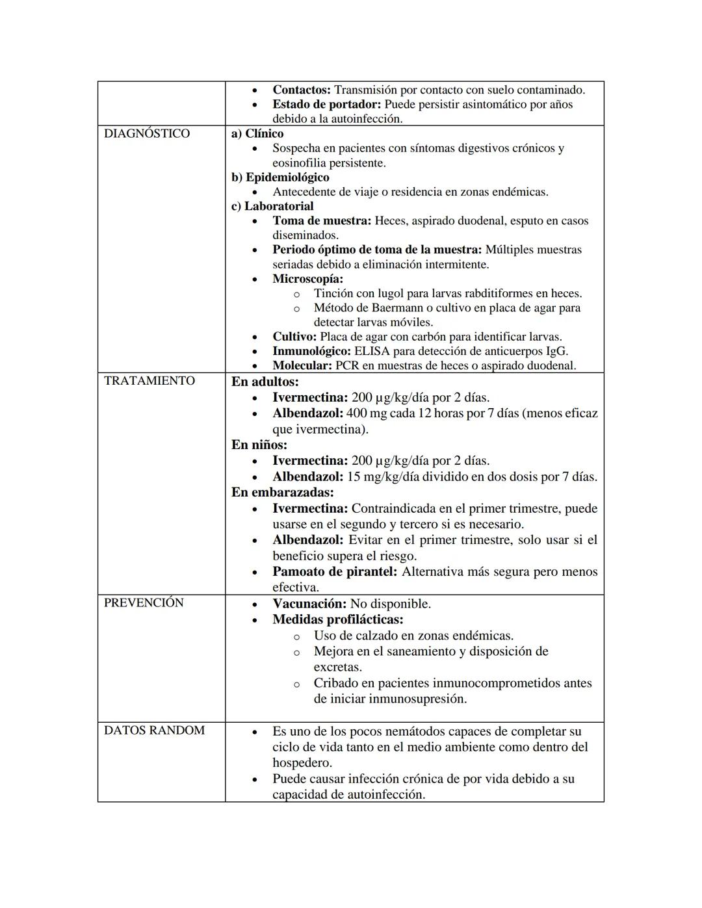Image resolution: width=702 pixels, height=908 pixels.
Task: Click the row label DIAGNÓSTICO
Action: (147, 134)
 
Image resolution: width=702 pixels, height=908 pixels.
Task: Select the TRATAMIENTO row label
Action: (149, 381)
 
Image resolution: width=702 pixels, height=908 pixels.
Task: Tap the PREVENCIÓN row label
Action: (144, 603)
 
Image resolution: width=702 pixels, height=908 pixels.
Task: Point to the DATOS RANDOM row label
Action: (154, 731)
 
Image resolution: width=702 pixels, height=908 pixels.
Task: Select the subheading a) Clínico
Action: (257, 133)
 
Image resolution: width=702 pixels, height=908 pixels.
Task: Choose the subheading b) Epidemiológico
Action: (280, 177)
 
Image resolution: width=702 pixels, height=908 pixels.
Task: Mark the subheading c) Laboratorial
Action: (272, 206)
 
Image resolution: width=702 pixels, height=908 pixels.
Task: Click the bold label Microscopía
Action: (307, 279)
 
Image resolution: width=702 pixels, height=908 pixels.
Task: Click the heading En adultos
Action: (265, 382)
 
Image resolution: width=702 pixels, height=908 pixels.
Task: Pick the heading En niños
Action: (259, 445)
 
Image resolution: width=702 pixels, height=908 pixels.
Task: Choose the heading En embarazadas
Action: (283, 493)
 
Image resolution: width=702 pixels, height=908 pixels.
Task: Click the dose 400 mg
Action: (367, 413)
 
